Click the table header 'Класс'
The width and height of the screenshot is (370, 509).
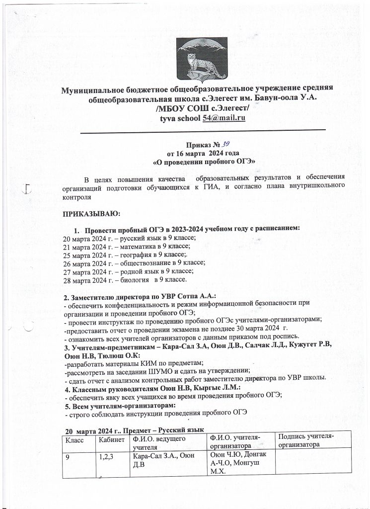pos(73,440)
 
